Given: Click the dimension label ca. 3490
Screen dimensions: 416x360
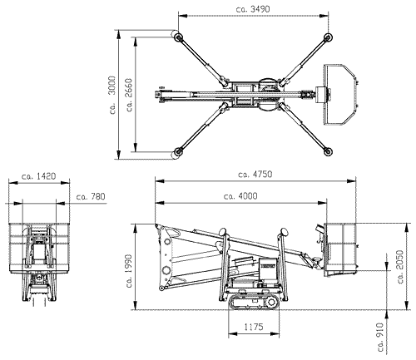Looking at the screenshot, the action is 253,9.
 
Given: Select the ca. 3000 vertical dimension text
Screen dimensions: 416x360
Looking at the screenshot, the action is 112,95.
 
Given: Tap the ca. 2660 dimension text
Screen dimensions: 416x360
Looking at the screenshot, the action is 129,95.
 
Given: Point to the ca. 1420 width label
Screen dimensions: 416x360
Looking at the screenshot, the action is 38,176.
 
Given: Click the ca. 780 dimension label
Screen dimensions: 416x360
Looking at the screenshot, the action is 91,196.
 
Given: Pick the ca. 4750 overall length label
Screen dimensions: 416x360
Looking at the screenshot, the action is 255,174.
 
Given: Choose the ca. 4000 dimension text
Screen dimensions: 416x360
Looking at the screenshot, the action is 240,196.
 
